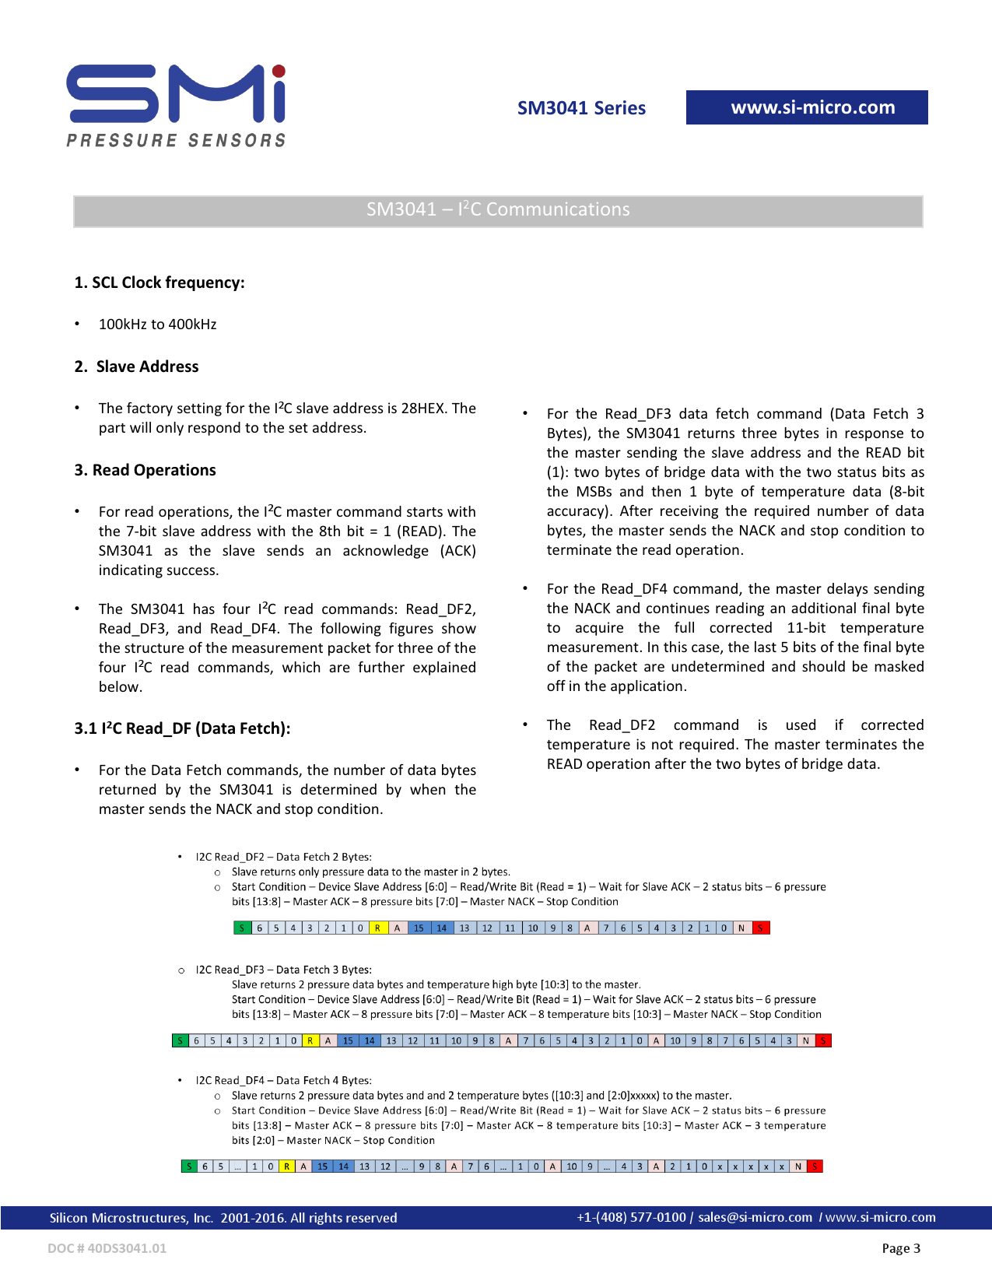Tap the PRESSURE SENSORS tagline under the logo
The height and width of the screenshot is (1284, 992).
tap(176, 140)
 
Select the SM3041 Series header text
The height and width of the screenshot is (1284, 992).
tap(581, 108)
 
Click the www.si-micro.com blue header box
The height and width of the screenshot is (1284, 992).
tap(807, 107)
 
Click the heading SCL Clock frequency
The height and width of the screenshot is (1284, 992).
tap(159, 282)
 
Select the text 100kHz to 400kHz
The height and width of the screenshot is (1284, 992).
tap(157, 325)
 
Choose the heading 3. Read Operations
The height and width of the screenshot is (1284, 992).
tap(145, 470)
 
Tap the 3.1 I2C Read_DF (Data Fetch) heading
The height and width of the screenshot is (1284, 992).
tap(182, 728)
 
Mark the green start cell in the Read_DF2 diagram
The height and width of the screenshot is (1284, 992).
tap(242, 928)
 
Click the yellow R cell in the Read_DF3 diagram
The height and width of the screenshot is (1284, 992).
tap(310, 1040)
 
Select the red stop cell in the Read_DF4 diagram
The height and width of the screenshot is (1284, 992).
tap(815, 1166)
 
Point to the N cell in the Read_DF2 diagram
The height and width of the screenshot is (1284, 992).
tap(741, 928)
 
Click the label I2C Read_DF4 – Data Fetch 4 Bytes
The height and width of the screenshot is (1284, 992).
tap(283, 1080)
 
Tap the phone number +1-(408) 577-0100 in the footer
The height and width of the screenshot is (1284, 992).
tap(631, 1217)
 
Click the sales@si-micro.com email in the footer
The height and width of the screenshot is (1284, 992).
tap(755, 1217)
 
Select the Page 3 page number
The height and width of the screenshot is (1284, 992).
tap(900, 1248)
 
